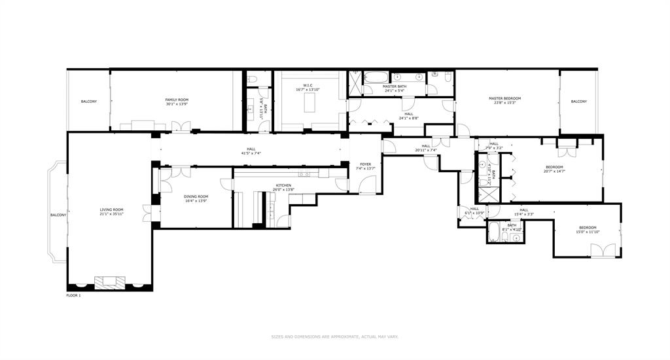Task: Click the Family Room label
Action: tap(177, 99)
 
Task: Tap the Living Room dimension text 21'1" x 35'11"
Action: tap(111, 214)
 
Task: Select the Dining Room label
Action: tap(196, 196)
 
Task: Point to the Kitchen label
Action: tap(283, 185)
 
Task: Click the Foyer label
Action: tap(365, 164)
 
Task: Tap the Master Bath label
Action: tap(395, 86)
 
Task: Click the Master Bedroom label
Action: tap(504, 98)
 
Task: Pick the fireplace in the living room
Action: tap(109, 282)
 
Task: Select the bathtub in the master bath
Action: tap(377, 78)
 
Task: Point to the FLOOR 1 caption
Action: tap(73, 296)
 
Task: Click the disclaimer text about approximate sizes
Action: tap(335, 336)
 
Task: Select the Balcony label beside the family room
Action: tap(89, 101)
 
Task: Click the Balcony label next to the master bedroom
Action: tap(578, 101)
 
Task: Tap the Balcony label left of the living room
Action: tap(58, 215)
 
